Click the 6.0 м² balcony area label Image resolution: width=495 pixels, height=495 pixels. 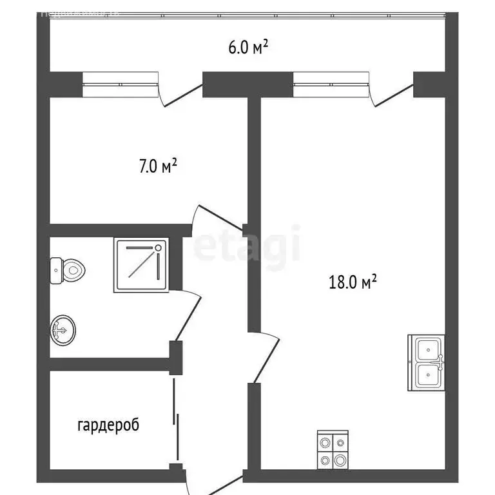[x=248, y=48]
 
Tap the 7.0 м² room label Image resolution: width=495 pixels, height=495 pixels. [x=158, y=167]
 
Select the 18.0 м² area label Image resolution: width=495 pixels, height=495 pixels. [x=351, y=281]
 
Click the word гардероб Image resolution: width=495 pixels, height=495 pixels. [x=108, y=425]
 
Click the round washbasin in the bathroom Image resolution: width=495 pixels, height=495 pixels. [x=63, y=329]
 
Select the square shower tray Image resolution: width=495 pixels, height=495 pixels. [x=142, y=265]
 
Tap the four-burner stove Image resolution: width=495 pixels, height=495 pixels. [x=333, y=451]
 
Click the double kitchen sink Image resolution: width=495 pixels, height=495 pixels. [x=426, y=363]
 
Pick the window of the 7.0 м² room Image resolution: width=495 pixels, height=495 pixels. [x=121, y=84]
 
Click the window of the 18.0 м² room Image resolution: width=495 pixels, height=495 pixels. [x=331, y=84]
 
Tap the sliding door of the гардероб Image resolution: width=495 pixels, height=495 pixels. [x=176, y=419]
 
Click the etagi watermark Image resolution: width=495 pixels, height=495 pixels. [x=247, y=244]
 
